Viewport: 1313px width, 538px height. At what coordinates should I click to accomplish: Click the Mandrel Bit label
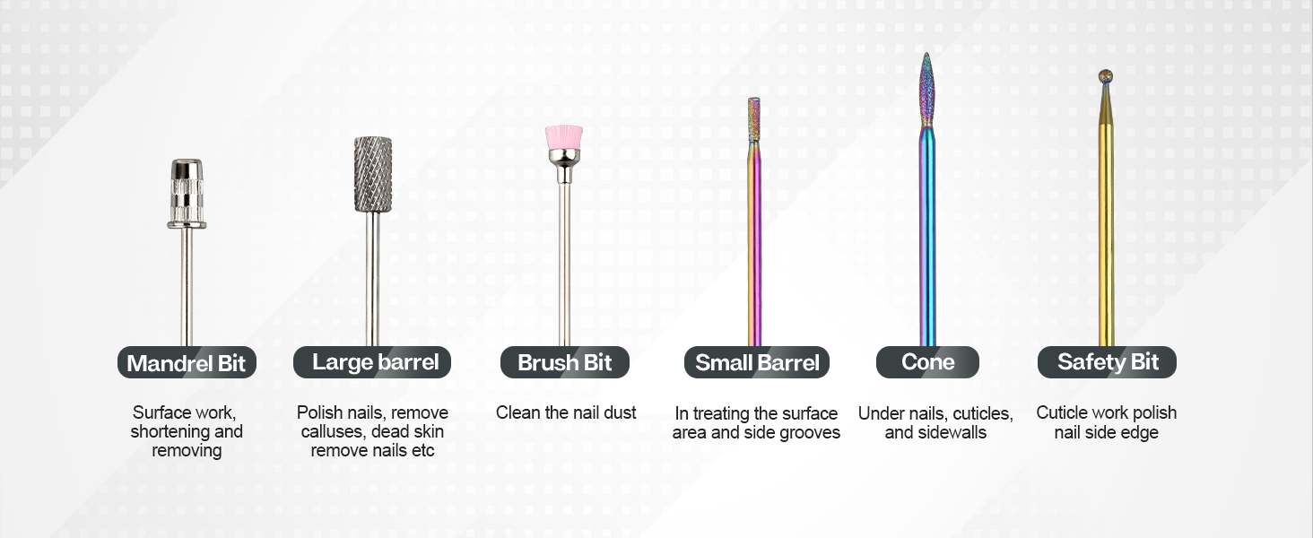[x=187, y=363]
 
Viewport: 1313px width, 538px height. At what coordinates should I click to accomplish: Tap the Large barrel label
[x=372, y=362]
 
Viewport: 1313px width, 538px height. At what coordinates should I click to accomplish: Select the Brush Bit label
[x=565, y=362]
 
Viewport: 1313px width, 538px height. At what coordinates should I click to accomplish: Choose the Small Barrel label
[x=757, y=362]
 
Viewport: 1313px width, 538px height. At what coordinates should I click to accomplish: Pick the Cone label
[x=927, y=362]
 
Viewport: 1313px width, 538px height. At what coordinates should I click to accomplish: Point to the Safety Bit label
[x=1107, y=362]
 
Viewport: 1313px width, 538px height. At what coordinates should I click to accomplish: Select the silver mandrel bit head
[x=187, y=193]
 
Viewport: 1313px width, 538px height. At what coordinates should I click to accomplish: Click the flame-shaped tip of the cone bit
[x=927, y=90]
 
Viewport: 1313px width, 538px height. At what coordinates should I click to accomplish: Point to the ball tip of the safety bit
[x=1107, y=76]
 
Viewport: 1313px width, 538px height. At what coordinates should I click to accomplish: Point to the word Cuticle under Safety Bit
[x=1062, y=412]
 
